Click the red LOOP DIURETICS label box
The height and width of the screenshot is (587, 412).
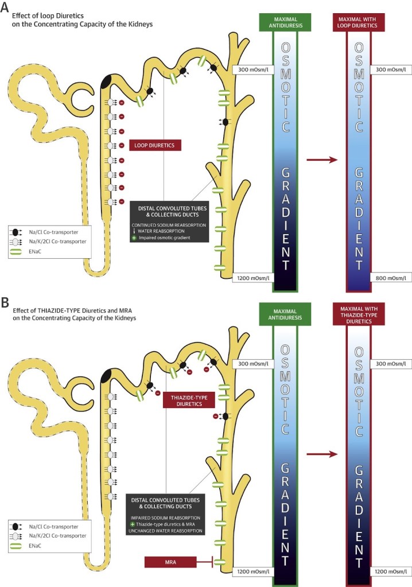(x=155, y=145)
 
